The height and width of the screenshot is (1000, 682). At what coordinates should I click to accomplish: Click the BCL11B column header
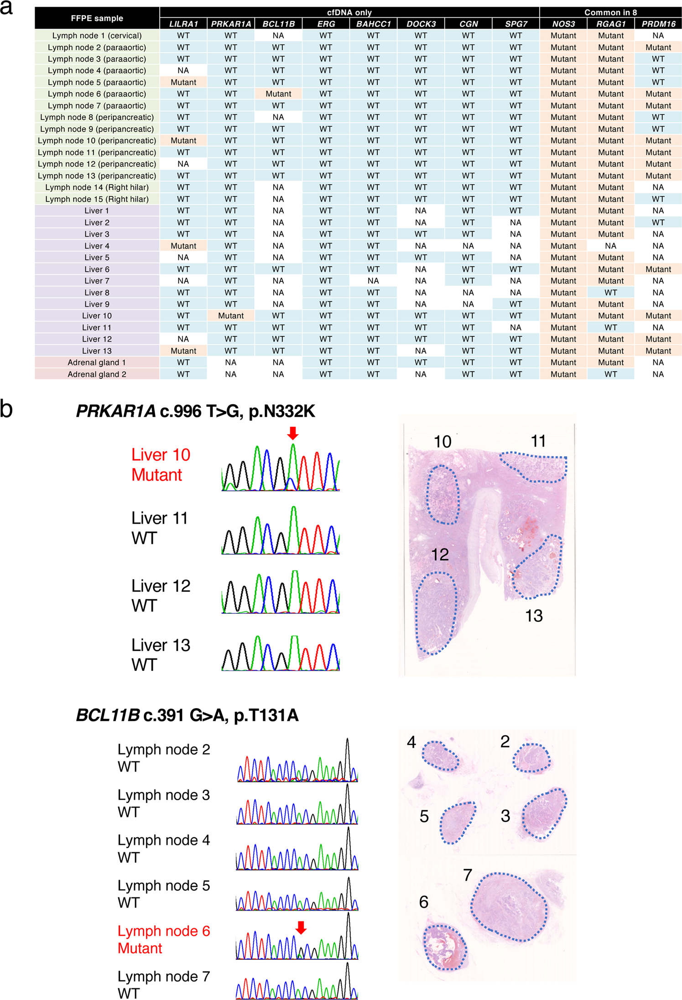278,24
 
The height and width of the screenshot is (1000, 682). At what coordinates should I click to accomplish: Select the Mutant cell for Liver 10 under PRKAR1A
231,316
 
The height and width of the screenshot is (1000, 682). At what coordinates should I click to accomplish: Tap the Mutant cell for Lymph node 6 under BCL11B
278,93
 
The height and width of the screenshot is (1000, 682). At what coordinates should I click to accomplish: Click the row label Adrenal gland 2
97,374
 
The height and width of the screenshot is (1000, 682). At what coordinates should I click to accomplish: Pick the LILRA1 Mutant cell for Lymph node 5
183,82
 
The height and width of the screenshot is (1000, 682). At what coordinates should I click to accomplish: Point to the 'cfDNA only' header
349,12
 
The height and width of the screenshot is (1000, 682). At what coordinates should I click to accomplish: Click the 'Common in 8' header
610,12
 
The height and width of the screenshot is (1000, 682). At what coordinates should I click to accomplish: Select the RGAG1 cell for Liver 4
610,246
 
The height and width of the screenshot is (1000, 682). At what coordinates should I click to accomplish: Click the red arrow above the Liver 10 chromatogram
293,433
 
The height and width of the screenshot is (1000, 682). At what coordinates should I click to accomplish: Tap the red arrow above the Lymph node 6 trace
301,927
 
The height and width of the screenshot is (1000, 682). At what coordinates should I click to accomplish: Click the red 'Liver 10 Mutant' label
160,465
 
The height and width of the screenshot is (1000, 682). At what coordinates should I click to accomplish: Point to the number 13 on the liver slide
534,616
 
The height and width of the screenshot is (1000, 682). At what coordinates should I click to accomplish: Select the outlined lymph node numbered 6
445,946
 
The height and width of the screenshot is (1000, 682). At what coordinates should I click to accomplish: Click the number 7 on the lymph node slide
467,875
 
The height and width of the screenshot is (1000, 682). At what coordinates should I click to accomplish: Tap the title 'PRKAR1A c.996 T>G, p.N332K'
195,411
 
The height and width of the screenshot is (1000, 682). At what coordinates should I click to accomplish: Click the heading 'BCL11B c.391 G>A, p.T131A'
187,715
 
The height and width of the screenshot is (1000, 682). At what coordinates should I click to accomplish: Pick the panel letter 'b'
6,409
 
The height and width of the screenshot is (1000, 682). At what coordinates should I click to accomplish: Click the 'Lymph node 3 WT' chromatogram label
163,803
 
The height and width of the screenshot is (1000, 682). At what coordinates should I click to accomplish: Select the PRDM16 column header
658,24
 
